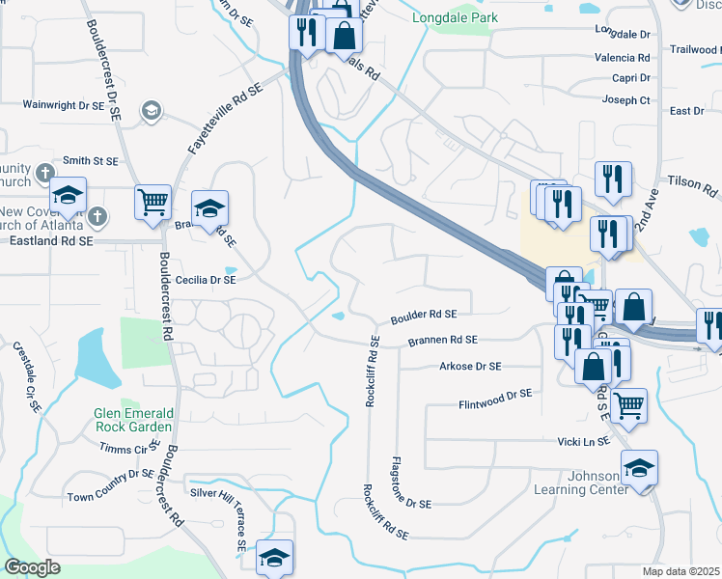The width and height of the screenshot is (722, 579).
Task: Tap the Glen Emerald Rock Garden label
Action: (133, 420)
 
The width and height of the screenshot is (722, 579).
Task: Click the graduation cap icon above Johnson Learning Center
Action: (639, 468)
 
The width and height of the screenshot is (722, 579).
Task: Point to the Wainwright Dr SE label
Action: (63, 104)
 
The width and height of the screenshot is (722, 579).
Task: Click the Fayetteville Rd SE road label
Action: (225, 120)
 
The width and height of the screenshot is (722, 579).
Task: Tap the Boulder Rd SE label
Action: (423, 315)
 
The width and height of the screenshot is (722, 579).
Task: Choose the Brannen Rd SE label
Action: (442, 340)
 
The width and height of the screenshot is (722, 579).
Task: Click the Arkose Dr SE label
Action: (470, 367)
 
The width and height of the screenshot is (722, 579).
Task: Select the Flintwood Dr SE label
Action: (495, 395)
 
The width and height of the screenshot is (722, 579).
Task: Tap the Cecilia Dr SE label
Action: (206, 280)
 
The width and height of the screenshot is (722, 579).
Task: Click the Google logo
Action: (32, 566)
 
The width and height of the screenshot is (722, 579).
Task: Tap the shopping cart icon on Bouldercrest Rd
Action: (153, 202)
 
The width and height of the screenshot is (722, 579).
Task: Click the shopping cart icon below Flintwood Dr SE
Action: (629, 404)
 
